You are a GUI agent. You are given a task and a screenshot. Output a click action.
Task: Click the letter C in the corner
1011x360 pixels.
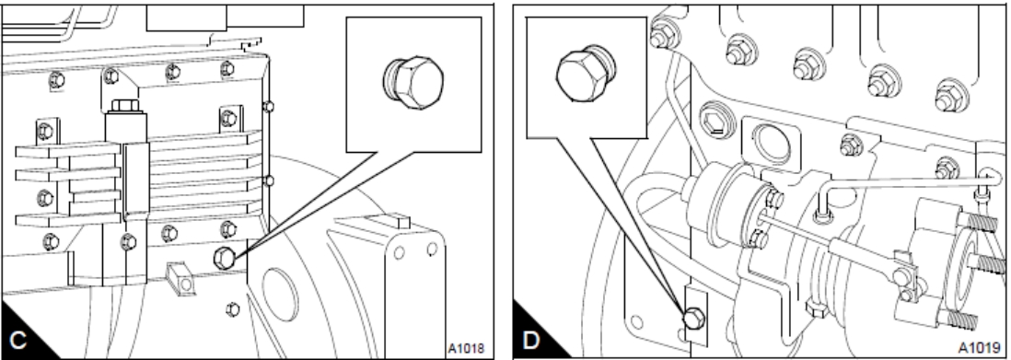[x=17, y=340]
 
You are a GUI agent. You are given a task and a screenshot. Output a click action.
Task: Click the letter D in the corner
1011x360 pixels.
[x=529, y=340]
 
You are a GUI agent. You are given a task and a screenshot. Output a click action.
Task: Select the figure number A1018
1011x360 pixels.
[x=466, y=348]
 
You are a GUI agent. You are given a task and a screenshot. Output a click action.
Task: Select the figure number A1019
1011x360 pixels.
[x=976, y=348]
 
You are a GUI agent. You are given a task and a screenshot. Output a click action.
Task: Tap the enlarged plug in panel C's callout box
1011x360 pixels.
[x=413, y=82]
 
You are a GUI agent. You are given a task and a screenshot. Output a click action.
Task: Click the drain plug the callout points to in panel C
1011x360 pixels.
[x=224, y=258]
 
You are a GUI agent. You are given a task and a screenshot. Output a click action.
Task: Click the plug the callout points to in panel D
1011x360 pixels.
[x=692, y=318]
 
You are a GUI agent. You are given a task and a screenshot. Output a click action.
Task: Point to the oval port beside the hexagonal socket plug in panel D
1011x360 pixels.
[x=771, y=143]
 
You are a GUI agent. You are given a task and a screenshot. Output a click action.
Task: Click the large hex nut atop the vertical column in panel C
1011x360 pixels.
[x=124, y=106]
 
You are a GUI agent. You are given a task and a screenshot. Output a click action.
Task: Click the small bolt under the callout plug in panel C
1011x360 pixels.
[x=233, y=309]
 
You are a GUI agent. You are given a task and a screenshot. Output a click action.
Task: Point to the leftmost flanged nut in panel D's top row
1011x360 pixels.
[x=659, y=35]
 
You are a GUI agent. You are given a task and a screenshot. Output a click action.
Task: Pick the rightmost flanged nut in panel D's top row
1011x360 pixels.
[x=951, y=95]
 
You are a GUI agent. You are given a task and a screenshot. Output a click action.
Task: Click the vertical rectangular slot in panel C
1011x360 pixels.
[x=136, y=181]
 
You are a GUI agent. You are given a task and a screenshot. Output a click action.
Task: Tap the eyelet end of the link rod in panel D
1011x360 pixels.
[x=902, y=277]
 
